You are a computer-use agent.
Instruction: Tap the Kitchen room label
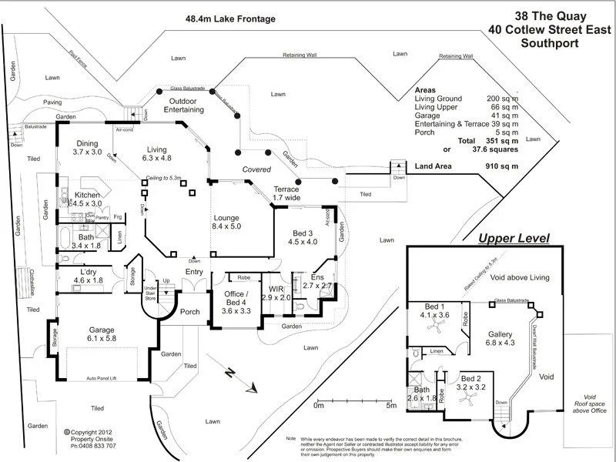[86, 196]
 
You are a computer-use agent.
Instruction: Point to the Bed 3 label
[302, 232]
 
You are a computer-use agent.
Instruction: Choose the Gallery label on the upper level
[500, 334]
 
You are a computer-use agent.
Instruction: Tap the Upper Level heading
[514, 239]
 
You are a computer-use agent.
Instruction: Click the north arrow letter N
[229, 372]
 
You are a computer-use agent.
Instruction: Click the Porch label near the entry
[189, 312]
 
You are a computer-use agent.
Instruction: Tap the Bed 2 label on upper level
[471, 379]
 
